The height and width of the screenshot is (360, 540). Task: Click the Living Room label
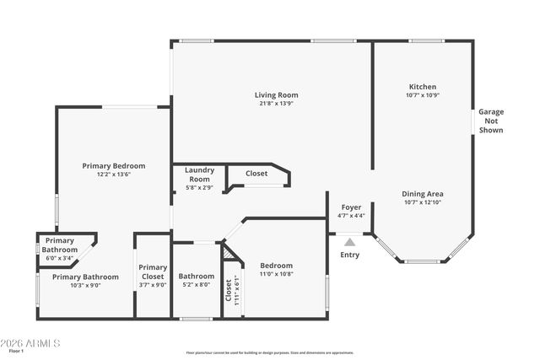click(276, 94)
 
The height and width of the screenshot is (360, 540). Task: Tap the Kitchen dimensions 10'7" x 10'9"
click(423, 95)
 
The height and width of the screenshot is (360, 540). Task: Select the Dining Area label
click(423, 193)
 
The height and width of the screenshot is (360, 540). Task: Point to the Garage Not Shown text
click(490, 121)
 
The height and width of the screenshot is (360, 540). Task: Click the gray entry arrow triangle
click(349, 242)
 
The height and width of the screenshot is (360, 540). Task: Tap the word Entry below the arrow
click(349, 255)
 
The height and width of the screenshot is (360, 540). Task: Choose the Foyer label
click(351, 207)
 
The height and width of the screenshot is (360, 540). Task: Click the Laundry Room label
click(199, 174)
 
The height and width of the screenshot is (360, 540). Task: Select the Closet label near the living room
click(256, 174)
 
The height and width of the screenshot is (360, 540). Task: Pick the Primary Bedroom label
click(113, 165)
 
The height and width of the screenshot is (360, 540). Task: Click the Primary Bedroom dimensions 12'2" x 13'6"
click(113, 175)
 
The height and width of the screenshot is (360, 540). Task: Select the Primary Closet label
click(153, 271)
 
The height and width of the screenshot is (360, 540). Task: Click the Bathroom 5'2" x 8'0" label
click(196, 280)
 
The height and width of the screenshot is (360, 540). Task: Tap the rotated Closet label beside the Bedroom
click(229, 290)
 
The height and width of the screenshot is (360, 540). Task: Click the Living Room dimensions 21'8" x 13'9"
click(276, 104)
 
